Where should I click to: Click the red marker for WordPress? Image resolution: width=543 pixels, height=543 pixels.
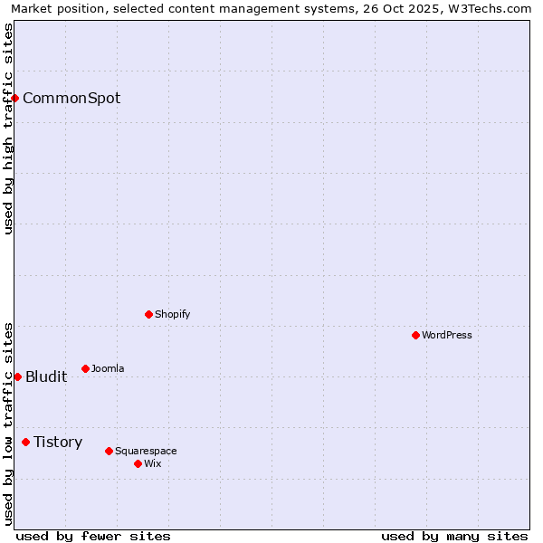point(415,335)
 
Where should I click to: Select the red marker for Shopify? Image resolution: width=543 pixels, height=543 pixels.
point(148,314)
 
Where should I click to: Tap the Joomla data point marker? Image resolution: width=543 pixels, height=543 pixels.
point(85,368)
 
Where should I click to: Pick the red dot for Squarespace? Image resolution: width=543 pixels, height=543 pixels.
point(109,451)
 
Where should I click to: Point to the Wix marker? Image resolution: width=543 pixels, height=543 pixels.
point(138,463)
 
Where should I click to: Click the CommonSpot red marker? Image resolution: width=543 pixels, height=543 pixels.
point(15,98)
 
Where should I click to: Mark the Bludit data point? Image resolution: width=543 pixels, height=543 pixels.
point(17,376)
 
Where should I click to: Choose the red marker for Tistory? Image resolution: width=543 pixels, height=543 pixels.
point(25,442)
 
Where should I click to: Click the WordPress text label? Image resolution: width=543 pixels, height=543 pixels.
point(447,335)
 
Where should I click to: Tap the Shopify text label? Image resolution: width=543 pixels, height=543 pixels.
point(173,314)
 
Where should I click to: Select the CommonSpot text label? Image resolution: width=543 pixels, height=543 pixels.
point(71,98)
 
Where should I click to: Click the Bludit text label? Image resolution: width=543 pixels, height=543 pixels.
point(46,376)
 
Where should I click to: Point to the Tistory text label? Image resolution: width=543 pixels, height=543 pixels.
point(58,442)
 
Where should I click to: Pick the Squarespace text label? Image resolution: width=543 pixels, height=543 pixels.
point(146,451)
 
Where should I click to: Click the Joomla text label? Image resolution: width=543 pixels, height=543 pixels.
point(108,368)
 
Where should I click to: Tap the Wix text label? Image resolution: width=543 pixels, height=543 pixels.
point(153,463)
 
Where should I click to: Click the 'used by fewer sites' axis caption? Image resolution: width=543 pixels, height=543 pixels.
point(93,536)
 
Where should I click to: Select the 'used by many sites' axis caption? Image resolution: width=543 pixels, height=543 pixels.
point(454,536)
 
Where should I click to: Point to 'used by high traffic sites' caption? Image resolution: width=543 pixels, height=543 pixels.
point(9,129)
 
